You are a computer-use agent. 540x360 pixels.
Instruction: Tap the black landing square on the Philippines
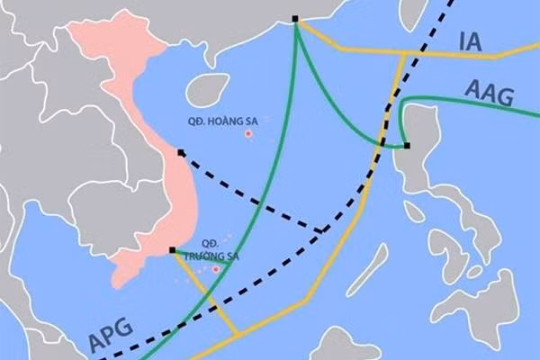407,145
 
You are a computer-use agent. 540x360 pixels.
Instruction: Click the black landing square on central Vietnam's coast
181,153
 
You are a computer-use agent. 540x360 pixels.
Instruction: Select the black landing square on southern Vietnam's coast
172,250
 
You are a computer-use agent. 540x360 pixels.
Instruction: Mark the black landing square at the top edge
296,19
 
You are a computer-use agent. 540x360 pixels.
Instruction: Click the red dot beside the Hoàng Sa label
249,135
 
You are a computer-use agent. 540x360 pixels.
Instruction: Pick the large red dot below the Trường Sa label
216,268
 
